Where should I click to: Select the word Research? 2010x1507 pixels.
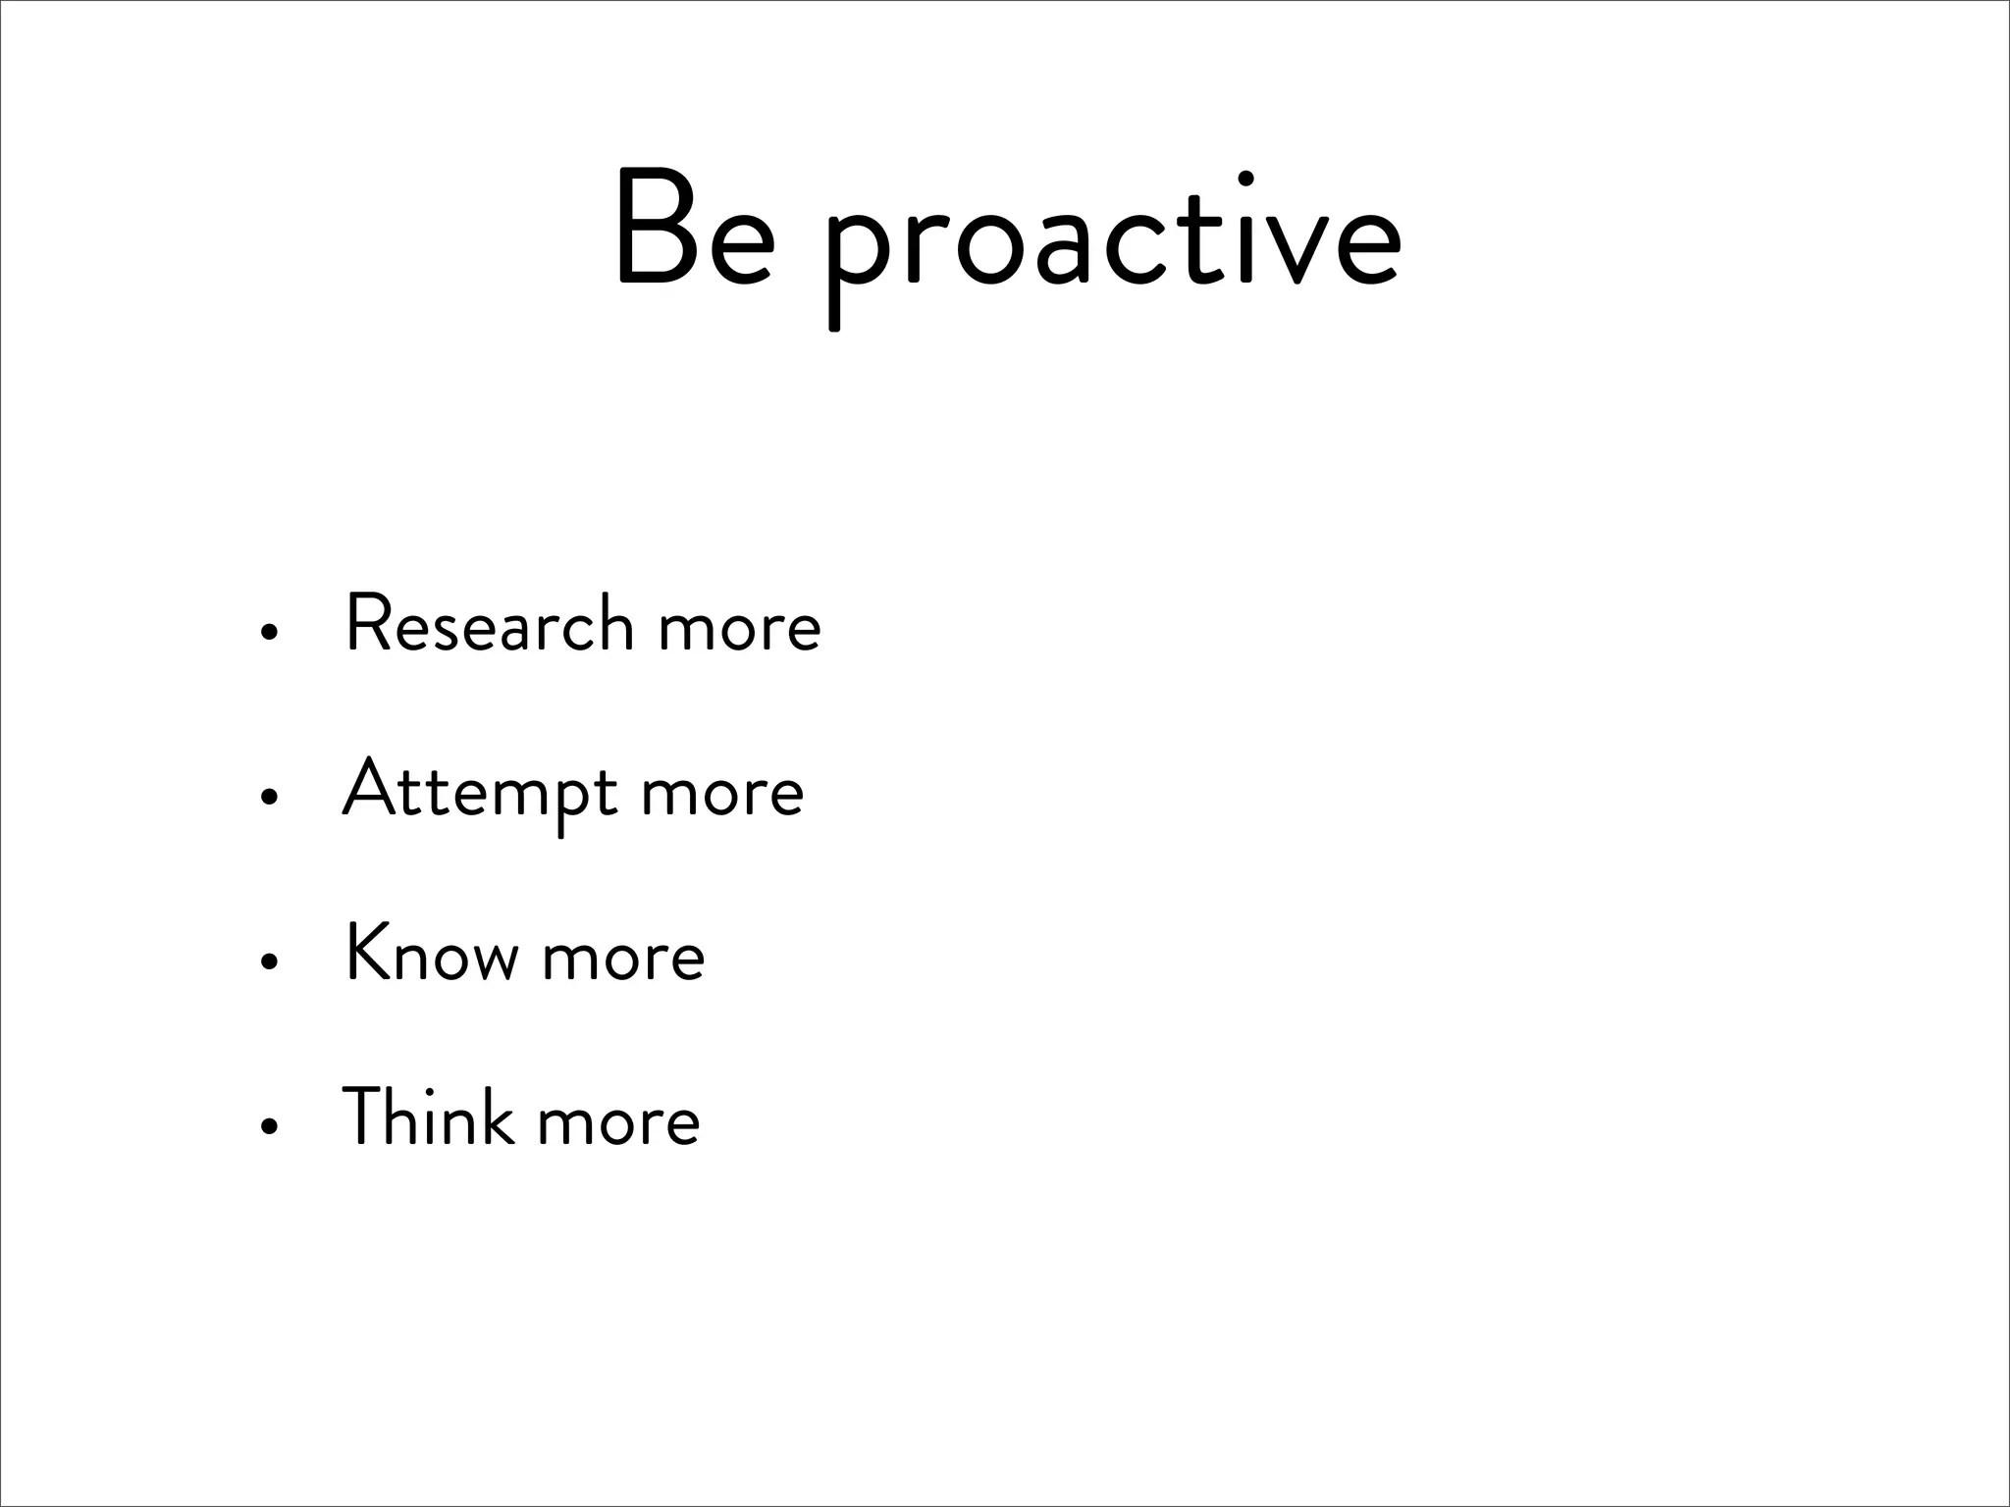(x=490, y=625)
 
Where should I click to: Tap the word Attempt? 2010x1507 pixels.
(x=480, y=791)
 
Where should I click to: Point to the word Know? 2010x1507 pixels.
(x=432, y=954)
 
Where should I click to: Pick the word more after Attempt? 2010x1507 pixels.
(x=722, y=794)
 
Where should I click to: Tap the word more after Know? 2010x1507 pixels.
(x=623, y=958)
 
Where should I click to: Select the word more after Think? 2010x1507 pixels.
(x=618, y=1121)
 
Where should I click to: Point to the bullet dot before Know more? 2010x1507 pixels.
(x=265, y=961)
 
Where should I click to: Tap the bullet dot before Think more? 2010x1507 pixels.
(x=265, y=1126)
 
